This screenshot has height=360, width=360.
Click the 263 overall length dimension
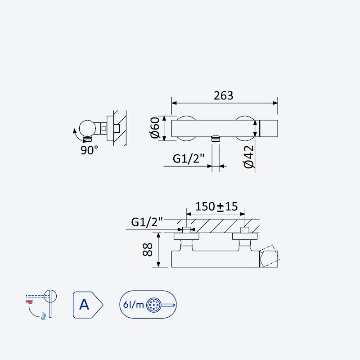coord(223,95)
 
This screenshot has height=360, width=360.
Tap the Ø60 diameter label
coord(155,128)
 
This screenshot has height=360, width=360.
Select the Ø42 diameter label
coord(249,157)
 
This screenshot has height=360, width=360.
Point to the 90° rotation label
coord(89,150)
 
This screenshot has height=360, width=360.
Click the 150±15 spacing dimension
coord(216,207)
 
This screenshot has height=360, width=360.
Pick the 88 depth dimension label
coord(148,250)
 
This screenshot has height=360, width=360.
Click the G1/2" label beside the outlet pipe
coord(188,158)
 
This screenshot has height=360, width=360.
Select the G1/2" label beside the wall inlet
coord(147,222)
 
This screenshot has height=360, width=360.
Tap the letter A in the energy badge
coord(84,305)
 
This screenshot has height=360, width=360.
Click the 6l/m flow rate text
coord(133,305)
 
